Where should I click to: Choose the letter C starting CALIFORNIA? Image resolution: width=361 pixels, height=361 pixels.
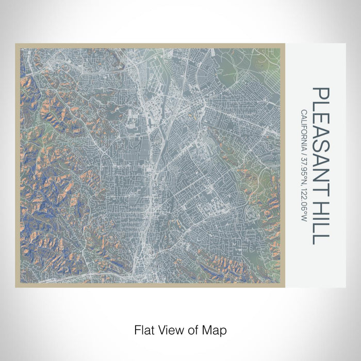tap(305, 112)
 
